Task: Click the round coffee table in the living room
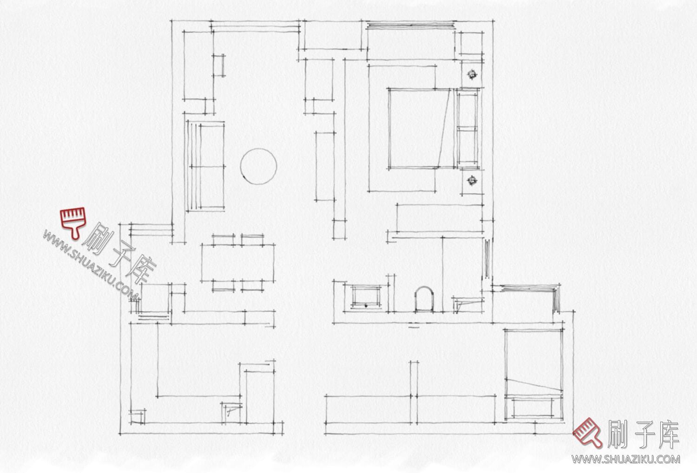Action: (258, 166)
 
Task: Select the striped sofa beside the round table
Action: (205, 166)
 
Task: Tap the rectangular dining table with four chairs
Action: (238, 263)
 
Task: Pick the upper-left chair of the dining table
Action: (224, 240)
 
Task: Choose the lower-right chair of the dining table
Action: (252, 286)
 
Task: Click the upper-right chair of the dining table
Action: (252, 240)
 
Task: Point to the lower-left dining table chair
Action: (224, 286)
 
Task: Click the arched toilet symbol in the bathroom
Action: (424, 299)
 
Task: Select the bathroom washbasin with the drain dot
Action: (366, 297)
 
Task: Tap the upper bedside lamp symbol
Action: (473, 74)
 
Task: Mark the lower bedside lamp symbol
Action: (473, 180)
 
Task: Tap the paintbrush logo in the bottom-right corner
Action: (588, 433)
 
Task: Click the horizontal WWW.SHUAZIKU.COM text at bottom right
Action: (625, 459)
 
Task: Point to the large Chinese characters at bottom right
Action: (643, 434)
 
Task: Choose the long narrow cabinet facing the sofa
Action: (325, 166)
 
